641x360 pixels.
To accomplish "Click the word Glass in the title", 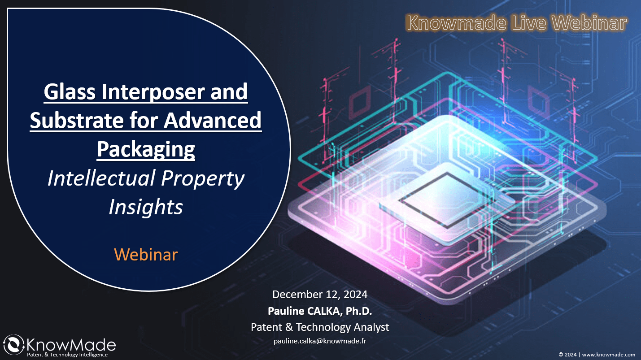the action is pyautogui.click(x=70, y=91).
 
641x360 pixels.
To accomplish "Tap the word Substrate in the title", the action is pyautogui.click(x=77, y=120).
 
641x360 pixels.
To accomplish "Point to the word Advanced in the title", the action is pyautogui.click(x=213, y=120).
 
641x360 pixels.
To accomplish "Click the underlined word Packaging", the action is pyautogui.click(x=146, y=149).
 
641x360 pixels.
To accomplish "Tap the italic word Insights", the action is pyautogui.click(x=146, y=207).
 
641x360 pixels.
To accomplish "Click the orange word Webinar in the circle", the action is pyautogui.click(x=146, y=254).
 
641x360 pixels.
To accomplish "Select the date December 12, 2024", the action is pyautogui.click(x=320, y=295).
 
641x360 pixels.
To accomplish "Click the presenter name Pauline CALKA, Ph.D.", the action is pyautogui.click(x=320, y=311).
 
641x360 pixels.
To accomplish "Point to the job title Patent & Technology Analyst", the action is pyautogui.click(x=320, y=327).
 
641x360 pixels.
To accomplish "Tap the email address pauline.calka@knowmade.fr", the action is pyautogui.click(x=320, y=341).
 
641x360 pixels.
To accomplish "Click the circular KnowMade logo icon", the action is pyautogui.click(x=13, y=345).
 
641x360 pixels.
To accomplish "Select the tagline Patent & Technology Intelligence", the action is pyautogui.click(x=67, y=355).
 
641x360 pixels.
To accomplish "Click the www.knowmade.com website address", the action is pyautogui.click(x=609, y=355).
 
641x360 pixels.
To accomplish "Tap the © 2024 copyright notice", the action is pyautogui.click(x=567, y=355).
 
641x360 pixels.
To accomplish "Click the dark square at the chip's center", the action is pyautogui.click(x=446, y=200).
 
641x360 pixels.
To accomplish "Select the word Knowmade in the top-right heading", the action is pyautogui.click(x=457, y=23).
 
